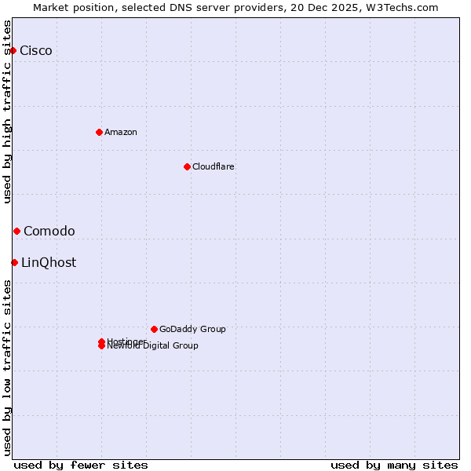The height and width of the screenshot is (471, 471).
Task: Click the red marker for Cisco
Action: click(x=13, y=51)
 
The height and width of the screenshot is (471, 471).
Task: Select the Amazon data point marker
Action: click(x=99, y=132)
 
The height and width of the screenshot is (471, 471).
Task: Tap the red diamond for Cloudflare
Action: click(x=187, y=166)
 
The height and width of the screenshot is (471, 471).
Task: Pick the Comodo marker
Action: click(x=16, y=231)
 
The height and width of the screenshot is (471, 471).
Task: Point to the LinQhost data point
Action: click(x=14, y=262)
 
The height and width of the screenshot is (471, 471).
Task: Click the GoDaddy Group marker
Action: click(x=154, y=329)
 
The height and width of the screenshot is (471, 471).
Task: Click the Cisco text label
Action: click(x=36, y=51)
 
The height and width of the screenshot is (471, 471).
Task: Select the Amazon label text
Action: click(x=121, y=132)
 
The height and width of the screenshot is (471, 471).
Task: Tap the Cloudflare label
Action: click(x=214, y=166)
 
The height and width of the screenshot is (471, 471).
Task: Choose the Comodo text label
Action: click(x=49, y=231)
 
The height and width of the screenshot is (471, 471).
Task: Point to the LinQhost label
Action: click(x=49, y=262)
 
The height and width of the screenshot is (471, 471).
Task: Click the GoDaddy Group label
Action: click(x=192, y=329)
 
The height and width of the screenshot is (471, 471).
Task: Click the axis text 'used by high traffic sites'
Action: click(x=7, y=111)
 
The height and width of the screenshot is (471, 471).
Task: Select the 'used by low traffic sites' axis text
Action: click(x=7, y=367)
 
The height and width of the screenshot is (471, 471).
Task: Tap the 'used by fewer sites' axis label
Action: click(x=81, y=465)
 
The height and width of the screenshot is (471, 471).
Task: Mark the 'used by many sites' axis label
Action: click(x=394, y=465)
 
